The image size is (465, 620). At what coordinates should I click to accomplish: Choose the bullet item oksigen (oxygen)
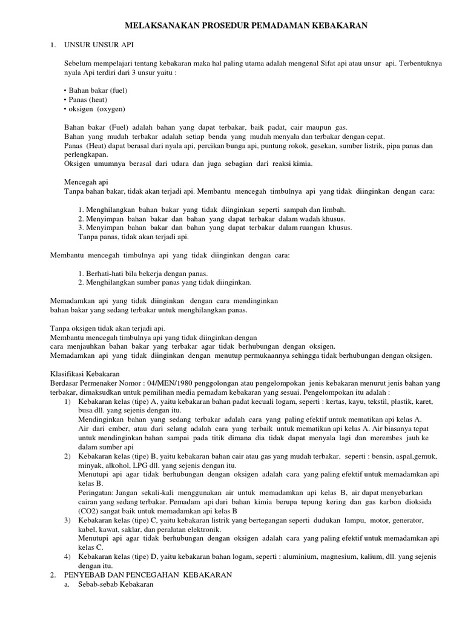click(94, 108)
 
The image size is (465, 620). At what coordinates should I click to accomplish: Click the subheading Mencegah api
click(86, 182)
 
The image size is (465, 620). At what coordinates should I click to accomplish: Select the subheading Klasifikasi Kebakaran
click(85, 374)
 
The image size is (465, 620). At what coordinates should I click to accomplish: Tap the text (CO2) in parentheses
click(74, 510)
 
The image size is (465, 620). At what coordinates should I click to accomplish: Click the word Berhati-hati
click(102, 272)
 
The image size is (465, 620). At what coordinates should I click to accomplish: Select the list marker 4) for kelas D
click(67, 556)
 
